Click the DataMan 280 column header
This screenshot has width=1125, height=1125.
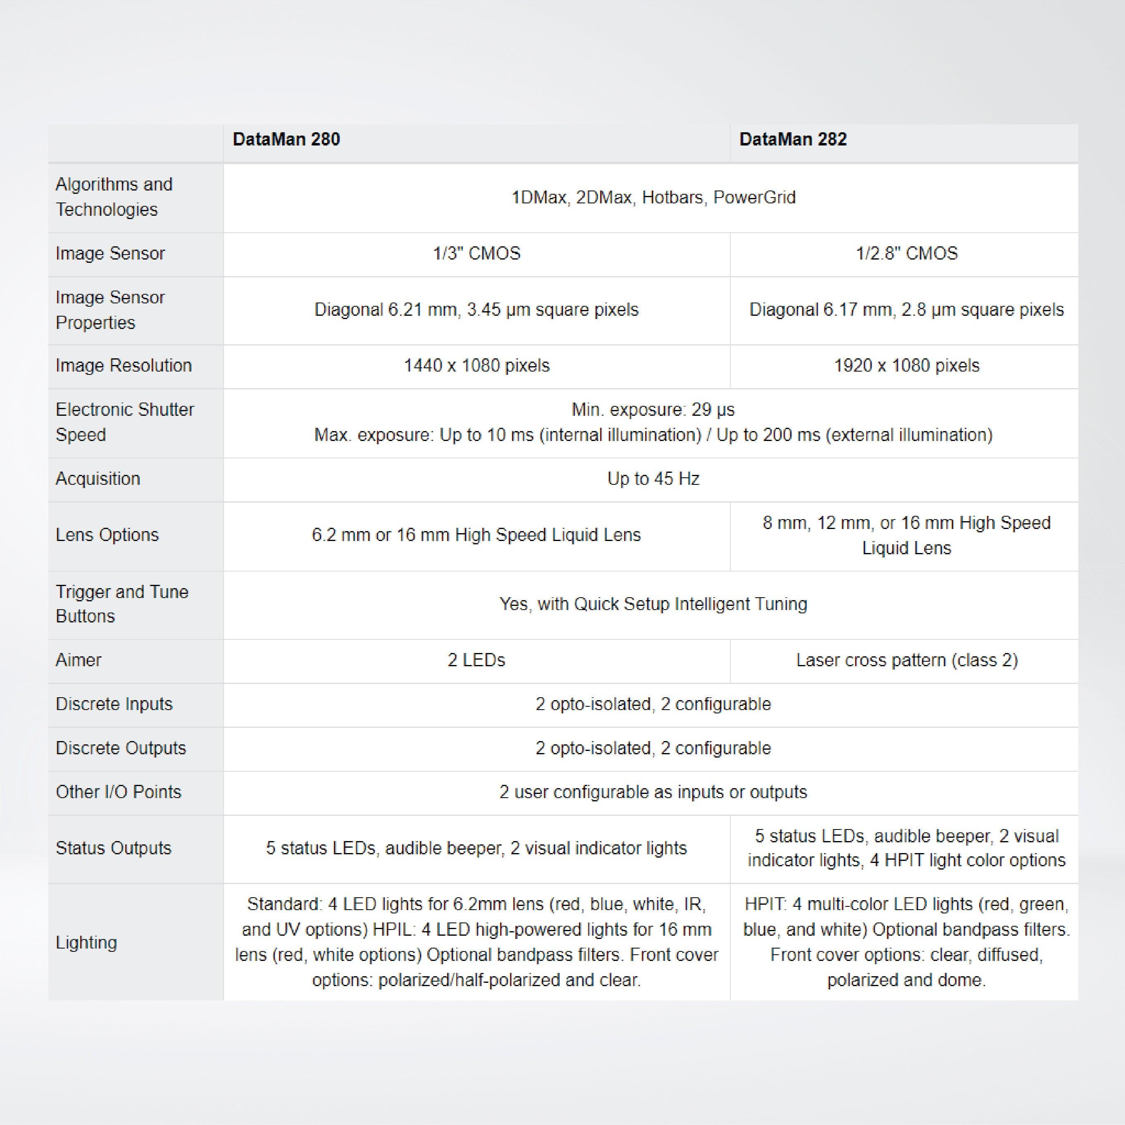(286, 140)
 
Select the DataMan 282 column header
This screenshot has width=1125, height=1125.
(793, 140)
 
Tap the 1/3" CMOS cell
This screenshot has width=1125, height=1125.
(476, 254)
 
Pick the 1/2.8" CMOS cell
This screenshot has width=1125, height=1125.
(906, 254)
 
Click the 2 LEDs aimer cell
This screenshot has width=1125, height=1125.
(476, 660)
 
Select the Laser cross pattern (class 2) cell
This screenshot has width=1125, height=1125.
(906, 660)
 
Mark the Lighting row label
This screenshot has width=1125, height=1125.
(86, 942)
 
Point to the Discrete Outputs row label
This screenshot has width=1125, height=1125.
(121, 748)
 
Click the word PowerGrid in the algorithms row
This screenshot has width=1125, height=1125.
(754, 198)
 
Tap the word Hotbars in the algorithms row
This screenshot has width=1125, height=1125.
(672, 198)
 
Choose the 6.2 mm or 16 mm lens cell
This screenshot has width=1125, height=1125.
(476, 535)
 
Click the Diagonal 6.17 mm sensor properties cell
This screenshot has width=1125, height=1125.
(906, 310)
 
